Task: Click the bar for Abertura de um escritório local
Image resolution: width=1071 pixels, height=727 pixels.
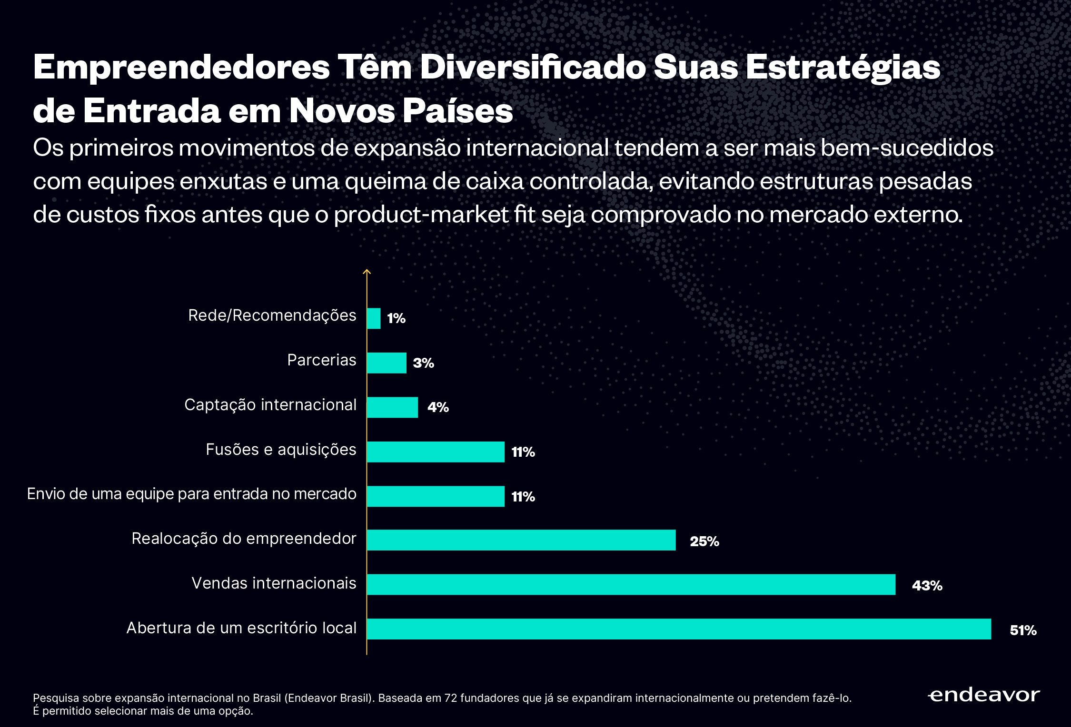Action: [x=679, y=629]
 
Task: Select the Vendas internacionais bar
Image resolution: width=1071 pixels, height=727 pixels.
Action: [x=631, y=584]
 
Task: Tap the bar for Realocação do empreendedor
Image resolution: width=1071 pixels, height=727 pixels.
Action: [x=521, y=540]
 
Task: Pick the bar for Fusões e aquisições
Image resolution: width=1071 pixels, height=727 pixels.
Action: [x=436, y=452]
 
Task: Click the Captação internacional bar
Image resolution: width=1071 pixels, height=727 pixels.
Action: [x=392, y=407]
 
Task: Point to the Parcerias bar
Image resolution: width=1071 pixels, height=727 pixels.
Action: [x=387, y=363]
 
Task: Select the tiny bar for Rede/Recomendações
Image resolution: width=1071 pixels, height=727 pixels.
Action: [x=374, y=318]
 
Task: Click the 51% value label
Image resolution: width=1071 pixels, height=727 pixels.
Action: [x=1023, y=630]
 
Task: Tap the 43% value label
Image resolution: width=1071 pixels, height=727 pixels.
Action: [x=927, y=586]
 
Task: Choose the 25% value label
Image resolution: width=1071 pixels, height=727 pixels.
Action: [x=704, y=541]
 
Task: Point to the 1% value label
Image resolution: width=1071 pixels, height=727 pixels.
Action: [x=396, y=318]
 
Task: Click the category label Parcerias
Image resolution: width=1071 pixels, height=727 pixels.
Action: [x=321, y=360]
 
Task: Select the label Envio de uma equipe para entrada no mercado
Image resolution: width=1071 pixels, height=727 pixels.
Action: [x=191, y=494]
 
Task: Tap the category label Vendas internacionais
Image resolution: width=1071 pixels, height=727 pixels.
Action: [x=274, y=583]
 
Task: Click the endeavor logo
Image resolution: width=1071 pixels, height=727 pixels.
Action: [x=984, y=695]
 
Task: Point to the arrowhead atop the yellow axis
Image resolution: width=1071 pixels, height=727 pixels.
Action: [x=367, y=272]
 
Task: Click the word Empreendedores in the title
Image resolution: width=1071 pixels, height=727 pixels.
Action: [x=181, y=67]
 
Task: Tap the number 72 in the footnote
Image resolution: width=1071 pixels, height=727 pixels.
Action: [x=451, y=698]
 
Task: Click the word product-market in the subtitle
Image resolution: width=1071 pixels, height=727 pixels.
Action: [x=421, y=215]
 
